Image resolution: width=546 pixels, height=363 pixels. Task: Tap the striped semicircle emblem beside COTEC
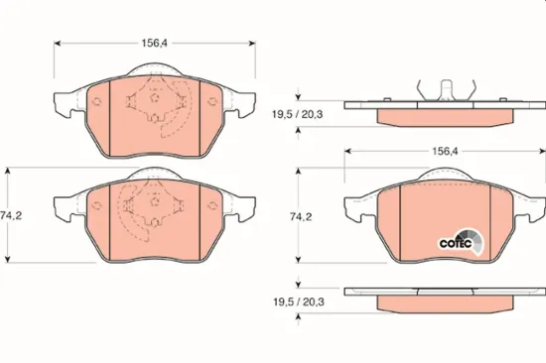[475, 241]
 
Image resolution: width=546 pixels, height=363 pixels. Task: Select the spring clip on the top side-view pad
[437, 90]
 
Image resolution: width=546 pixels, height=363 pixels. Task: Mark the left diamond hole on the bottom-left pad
[97, 205]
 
